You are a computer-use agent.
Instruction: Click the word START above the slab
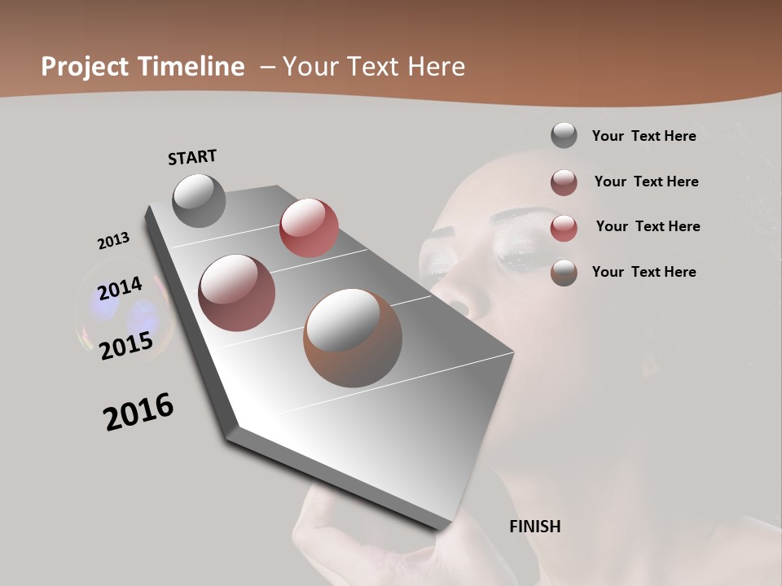pos(192,156)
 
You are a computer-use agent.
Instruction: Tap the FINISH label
pos(534,527)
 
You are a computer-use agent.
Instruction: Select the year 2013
pos(113,241)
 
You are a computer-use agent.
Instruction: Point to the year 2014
pos(120,288)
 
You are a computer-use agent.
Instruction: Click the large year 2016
pos(138,411)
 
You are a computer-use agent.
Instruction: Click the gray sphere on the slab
pos(199,200)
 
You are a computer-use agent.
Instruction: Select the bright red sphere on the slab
pos(309,228)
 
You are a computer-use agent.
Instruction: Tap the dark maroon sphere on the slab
pos(236,293)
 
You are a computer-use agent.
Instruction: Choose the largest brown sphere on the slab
pos(353,338)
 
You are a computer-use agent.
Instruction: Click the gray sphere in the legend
pos(564,136)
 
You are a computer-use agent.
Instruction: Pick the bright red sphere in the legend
pos(564,228)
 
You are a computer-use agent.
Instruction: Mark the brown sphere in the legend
pos(564,273)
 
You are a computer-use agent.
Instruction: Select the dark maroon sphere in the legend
pos(564,182)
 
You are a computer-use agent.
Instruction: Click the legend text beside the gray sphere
pos(644,136)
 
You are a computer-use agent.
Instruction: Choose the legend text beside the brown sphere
pos(644,272)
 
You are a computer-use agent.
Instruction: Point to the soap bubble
pos(122,313)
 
